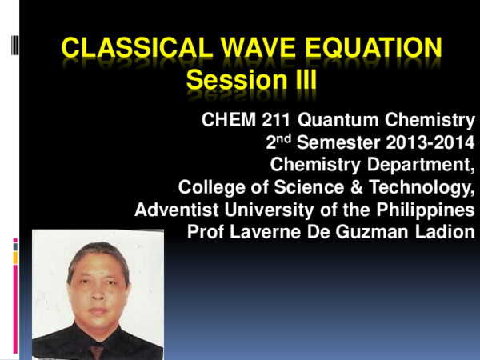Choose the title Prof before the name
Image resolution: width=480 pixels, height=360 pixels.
click(x=204, y=232)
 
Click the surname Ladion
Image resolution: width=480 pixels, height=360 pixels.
click(x=440, y=232)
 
